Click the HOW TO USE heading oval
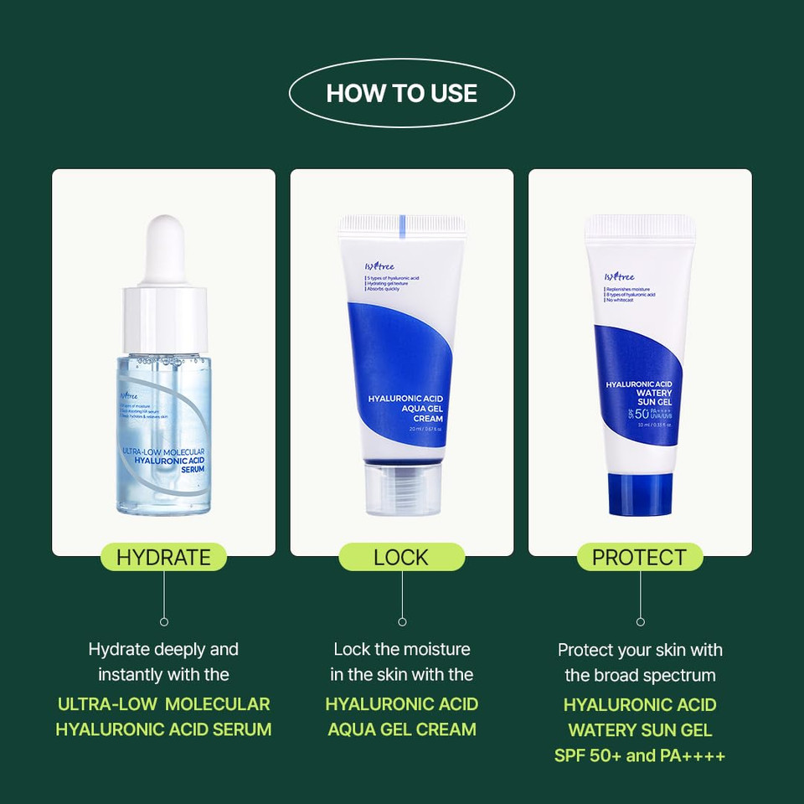click(x=402, y=92)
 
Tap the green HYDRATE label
click(x=163, y=557)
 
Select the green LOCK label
click(x=401, y=557)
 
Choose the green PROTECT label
click(x=640, y=557)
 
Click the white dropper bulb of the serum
click(x=164, y=248)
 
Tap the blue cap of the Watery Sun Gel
click(x=640, y=493)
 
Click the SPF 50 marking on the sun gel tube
click(x=640, y=414)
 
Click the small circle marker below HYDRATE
click(x=164, y=621)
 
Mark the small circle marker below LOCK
click(x=402, y=621)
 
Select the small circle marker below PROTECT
click(x=641, y=621)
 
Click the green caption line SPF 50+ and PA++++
click(x=640, y=755)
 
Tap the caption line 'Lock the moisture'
click(x=402, y=649)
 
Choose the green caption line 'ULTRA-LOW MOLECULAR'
click(x=163, y=703)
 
